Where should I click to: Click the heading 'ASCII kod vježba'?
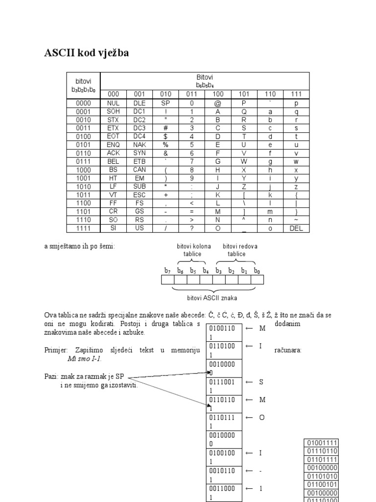point(87,53)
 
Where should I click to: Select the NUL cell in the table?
point(113,103)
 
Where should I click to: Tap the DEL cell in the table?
point(296,228)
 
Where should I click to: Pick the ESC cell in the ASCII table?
point(139,195)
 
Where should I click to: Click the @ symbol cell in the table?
point(218,103)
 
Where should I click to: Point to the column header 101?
point(244,94)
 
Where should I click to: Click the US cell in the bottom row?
point(139,228)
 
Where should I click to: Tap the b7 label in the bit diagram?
point(167,270)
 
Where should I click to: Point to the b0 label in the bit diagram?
point(257,270)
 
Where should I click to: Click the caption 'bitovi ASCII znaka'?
point(211,298)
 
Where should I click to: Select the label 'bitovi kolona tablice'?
point(193,250)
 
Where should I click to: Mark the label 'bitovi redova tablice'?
point(240,250)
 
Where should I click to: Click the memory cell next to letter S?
point(224,385)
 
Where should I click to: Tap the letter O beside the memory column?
point(261,417)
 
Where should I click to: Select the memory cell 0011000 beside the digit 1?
point(224,492)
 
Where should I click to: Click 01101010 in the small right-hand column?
point(322,475)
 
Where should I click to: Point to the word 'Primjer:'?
point(55,350)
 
